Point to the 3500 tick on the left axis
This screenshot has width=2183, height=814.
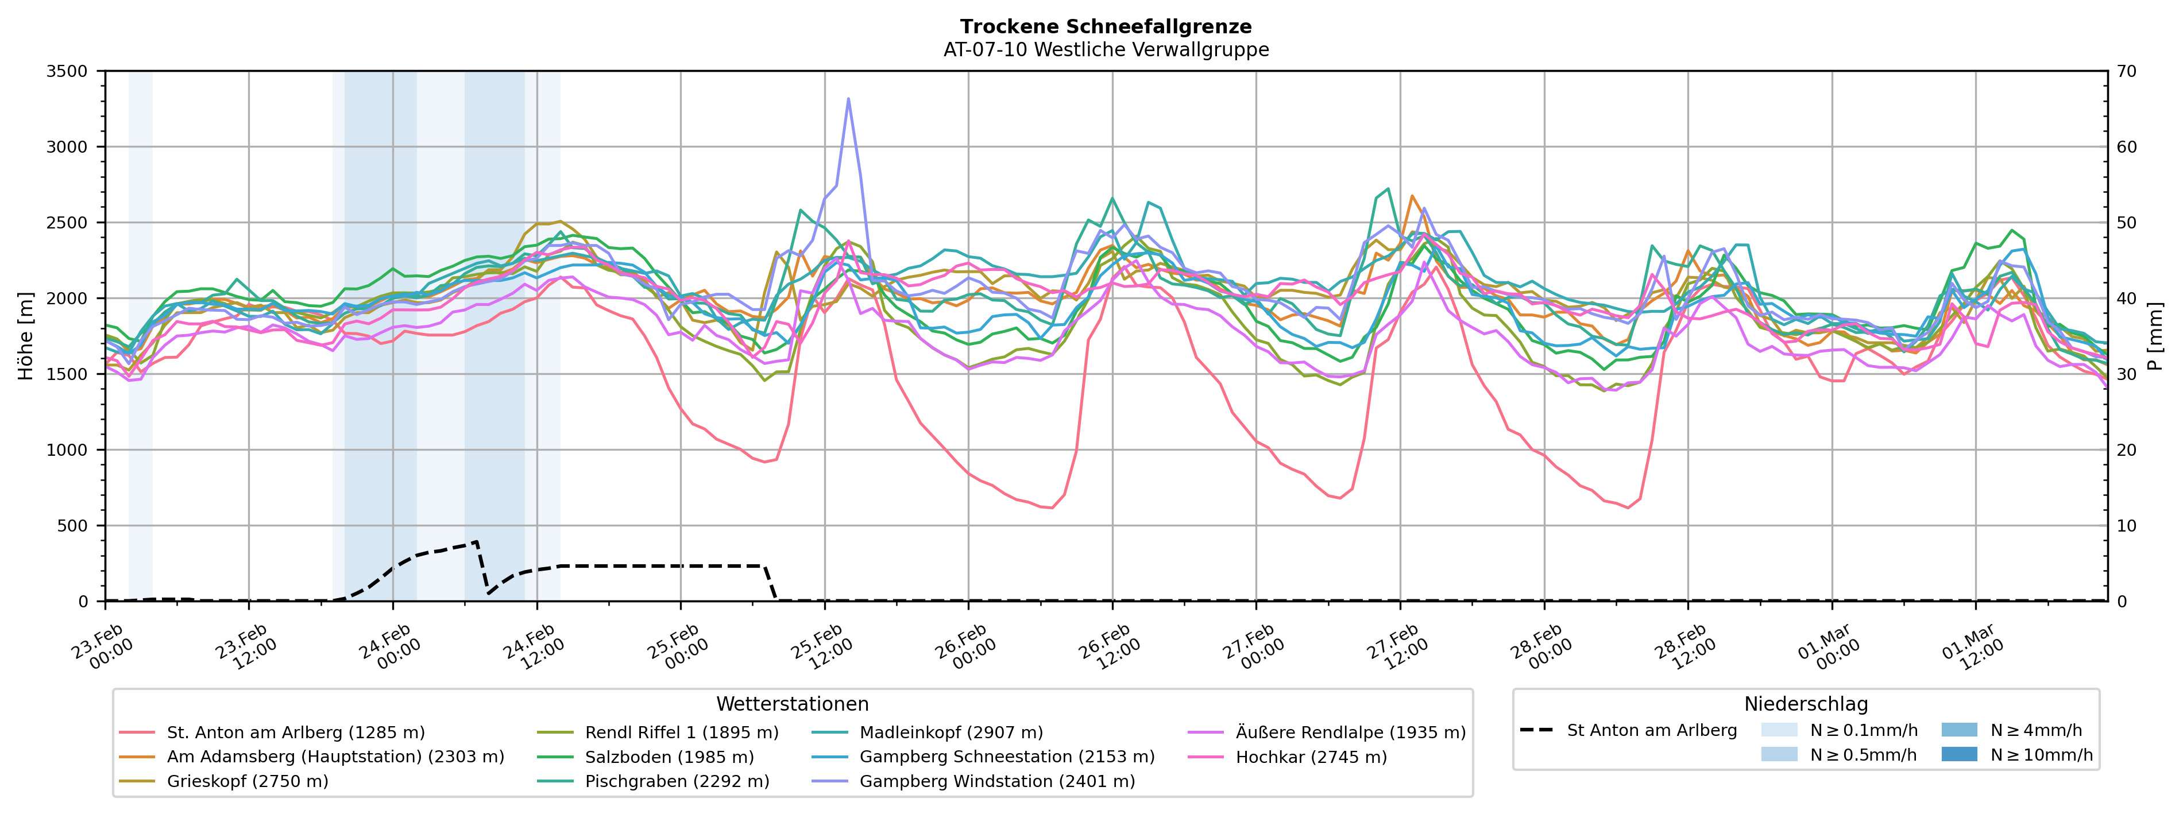(67, 72)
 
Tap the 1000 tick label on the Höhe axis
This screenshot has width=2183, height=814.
(67, 451)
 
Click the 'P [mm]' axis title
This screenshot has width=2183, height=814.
(2155, 336)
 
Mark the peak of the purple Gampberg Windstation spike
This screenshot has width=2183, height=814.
(848, 99)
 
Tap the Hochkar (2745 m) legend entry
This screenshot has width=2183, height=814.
(1310, 757)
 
